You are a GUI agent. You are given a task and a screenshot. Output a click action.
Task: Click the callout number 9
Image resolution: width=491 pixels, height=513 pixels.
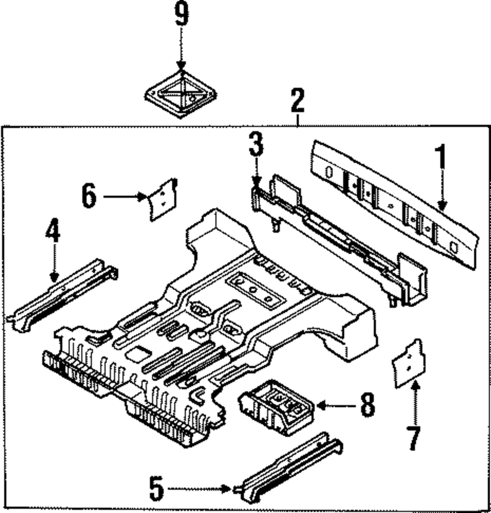pyautogui.click(x=182, y=14)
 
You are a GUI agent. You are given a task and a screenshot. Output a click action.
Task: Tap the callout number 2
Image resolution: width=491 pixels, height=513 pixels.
pyautogui.click(x=297, y=100)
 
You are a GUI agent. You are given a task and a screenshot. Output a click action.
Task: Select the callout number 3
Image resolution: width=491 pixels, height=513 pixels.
pyautogui.click(x=256, y=144)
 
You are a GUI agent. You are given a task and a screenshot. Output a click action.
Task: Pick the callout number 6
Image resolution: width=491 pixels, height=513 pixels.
pyautogui.click(x=89, y=196)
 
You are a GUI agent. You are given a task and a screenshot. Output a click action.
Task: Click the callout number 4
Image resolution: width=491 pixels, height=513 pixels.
pyautogui.click(x=53, y=231)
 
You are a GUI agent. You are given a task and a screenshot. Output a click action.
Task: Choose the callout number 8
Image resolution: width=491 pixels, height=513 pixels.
pyautogui.click(x=368, y=405)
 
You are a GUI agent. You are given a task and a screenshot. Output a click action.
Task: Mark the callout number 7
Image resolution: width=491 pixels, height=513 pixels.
pyautogui.click(x=414, y=438)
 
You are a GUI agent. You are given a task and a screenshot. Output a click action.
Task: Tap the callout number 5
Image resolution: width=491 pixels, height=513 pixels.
pyautogui.click(x=157, y=489)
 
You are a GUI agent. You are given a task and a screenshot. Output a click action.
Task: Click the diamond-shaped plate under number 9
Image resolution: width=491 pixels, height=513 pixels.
pyautogui.click(x=181, y=94)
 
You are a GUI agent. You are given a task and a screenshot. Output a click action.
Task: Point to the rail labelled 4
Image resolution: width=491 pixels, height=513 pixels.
pyautogui.click(x=62, y=295)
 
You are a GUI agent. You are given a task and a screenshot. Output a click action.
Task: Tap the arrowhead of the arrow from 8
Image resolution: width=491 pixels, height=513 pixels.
pyautogui.click(x=321, y=406)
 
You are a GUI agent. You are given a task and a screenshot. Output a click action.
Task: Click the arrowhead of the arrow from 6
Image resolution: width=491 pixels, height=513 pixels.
pyautogui.click(x=142, y=197)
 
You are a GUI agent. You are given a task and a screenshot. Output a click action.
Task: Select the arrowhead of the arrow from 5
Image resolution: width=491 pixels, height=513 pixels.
pyautogui.click(x=226, y=489)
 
